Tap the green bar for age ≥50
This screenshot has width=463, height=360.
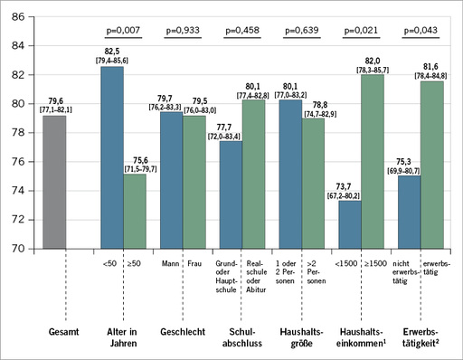(135, 210)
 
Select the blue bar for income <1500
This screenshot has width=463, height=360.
(349, 223)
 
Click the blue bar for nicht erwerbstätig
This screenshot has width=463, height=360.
(408, 211)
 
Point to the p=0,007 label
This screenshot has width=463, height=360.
(124, 31)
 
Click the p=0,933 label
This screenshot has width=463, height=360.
(183, 31)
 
